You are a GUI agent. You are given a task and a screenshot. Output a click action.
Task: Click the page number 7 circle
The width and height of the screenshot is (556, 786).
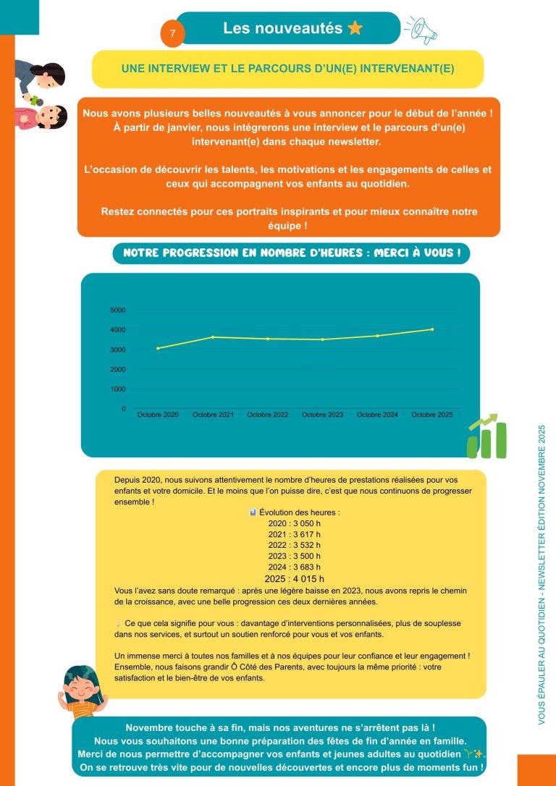172,34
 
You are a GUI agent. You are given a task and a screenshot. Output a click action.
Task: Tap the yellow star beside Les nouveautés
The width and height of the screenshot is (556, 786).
355,28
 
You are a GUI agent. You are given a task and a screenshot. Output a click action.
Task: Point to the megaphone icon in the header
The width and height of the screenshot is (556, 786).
423,29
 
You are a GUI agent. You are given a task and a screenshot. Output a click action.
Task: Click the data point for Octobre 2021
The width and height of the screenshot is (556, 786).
213,337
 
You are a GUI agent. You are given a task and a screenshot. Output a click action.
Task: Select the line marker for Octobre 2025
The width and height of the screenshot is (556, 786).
432,329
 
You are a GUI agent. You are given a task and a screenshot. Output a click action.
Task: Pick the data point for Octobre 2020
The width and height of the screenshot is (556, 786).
158,348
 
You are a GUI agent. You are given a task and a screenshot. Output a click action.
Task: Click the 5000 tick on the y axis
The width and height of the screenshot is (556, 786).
117,310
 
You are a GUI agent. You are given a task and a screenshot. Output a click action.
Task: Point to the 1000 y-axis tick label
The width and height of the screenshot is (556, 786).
117,389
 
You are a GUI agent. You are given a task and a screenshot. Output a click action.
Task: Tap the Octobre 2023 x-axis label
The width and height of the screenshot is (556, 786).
322,415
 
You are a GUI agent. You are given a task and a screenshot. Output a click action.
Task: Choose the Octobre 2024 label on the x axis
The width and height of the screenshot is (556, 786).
377,415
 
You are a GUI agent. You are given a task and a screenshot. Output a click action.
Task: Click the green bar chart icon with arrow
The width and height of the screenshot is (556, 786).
487,436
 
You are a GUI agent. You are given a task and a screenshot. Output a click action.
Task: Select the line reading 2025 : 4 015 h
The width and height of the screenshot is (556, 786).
294,578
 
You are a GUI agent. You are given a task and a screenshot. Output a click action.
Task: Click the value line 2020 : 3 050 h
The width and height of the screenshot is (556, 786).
294,523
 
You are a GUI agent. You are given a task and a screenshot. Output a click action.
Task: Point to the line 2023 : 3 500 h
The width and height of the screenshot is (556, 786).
294,556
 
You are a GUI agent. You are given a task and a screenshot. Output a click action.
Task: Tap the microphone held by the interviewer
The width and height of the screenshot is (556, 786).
32,96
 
